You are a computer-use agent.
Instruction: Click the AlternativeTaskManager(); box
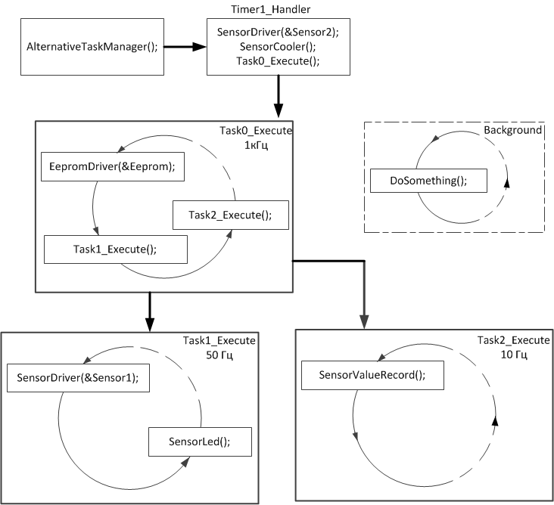[x=92, y=47]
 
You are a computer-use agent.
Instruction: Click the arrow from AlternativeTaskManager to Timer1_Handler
[x=185, y=47]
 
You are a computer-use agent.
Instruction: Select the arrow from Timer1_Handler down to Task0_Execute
[x=279, y=96]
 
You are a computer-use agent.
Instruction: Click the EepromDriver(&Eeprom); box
[x=111, y=166]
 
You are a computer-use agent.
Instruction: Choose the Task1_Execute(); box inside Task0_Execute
[x=115, y=249]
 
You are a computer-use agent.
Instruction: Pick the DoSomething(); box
[x=428, y=181]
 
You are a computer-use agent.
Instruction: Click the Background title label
[x=513, y=130]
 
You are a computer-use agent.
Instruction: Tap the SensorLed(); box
[x=199, y=441]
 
